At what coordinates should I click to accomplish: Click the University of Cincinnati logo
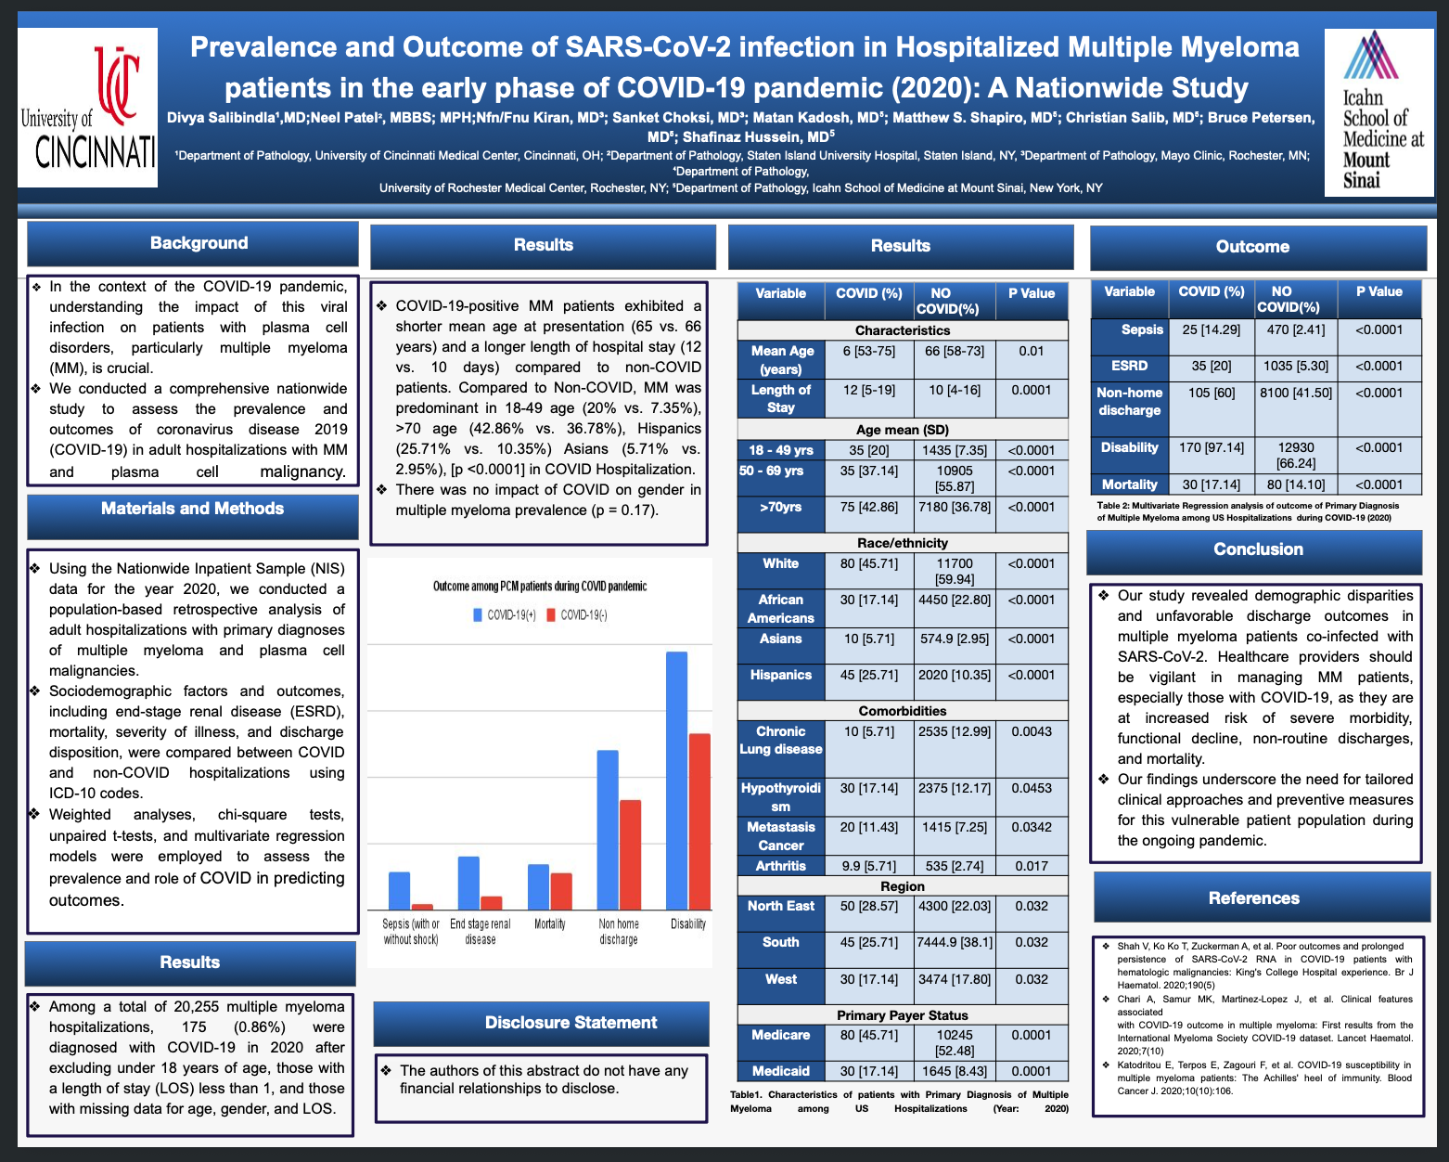click(87, 108)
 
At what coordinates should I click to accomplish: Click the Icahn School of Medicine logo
click(1379, 111)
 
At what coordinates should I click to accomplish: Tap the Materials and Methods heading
click(193, 510)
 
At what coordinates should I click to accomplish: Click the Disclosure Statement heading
click(571, 1023)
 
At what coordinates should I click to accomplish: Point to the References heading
click(1254, 897)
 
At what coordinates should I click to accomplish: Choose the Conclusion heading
click(1258, 549)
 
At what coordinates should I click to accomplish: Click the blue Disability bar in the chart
click(676, 781)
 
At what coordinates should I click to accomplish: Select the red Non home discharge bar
click(630, 855)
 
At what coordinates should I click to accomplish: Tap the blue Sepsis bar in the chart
click(399, 891)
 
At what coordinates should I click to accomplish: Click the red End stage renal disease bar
click(492, 903)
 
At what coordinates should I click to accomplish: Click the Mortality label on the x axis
click(549, 924)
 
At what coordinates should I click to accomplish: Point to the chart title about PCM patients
click(539, 586)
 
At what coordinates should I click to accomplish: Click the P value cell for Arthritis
click(1032, 866)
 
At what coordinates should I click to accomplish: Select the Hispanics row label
click(781, 675)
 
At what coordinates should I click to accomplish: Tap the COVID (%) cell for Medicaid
click(869, 1071)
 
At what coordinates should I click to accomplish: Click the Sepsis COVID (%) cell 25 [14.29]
click(1212, 330)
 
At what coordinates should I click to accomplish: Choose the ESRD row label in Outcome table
click(1129, 366)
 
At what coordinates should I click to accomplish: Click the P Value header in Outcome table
click(1379, 291)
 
